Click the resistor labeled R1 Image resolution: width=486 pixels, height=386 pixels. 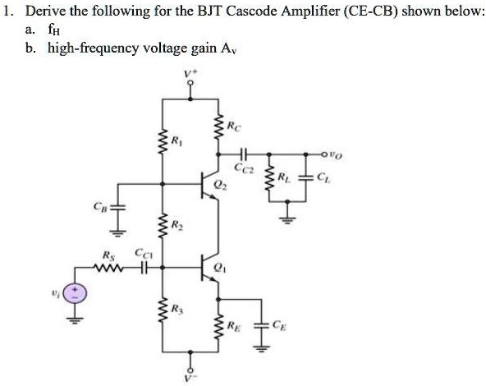click(x=160, y=140)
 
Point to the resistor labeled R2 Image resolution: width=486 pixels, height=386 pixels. click(x=160, y=225)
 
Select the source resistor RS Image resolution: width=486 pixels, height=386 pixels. click(x=108, y=266)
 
